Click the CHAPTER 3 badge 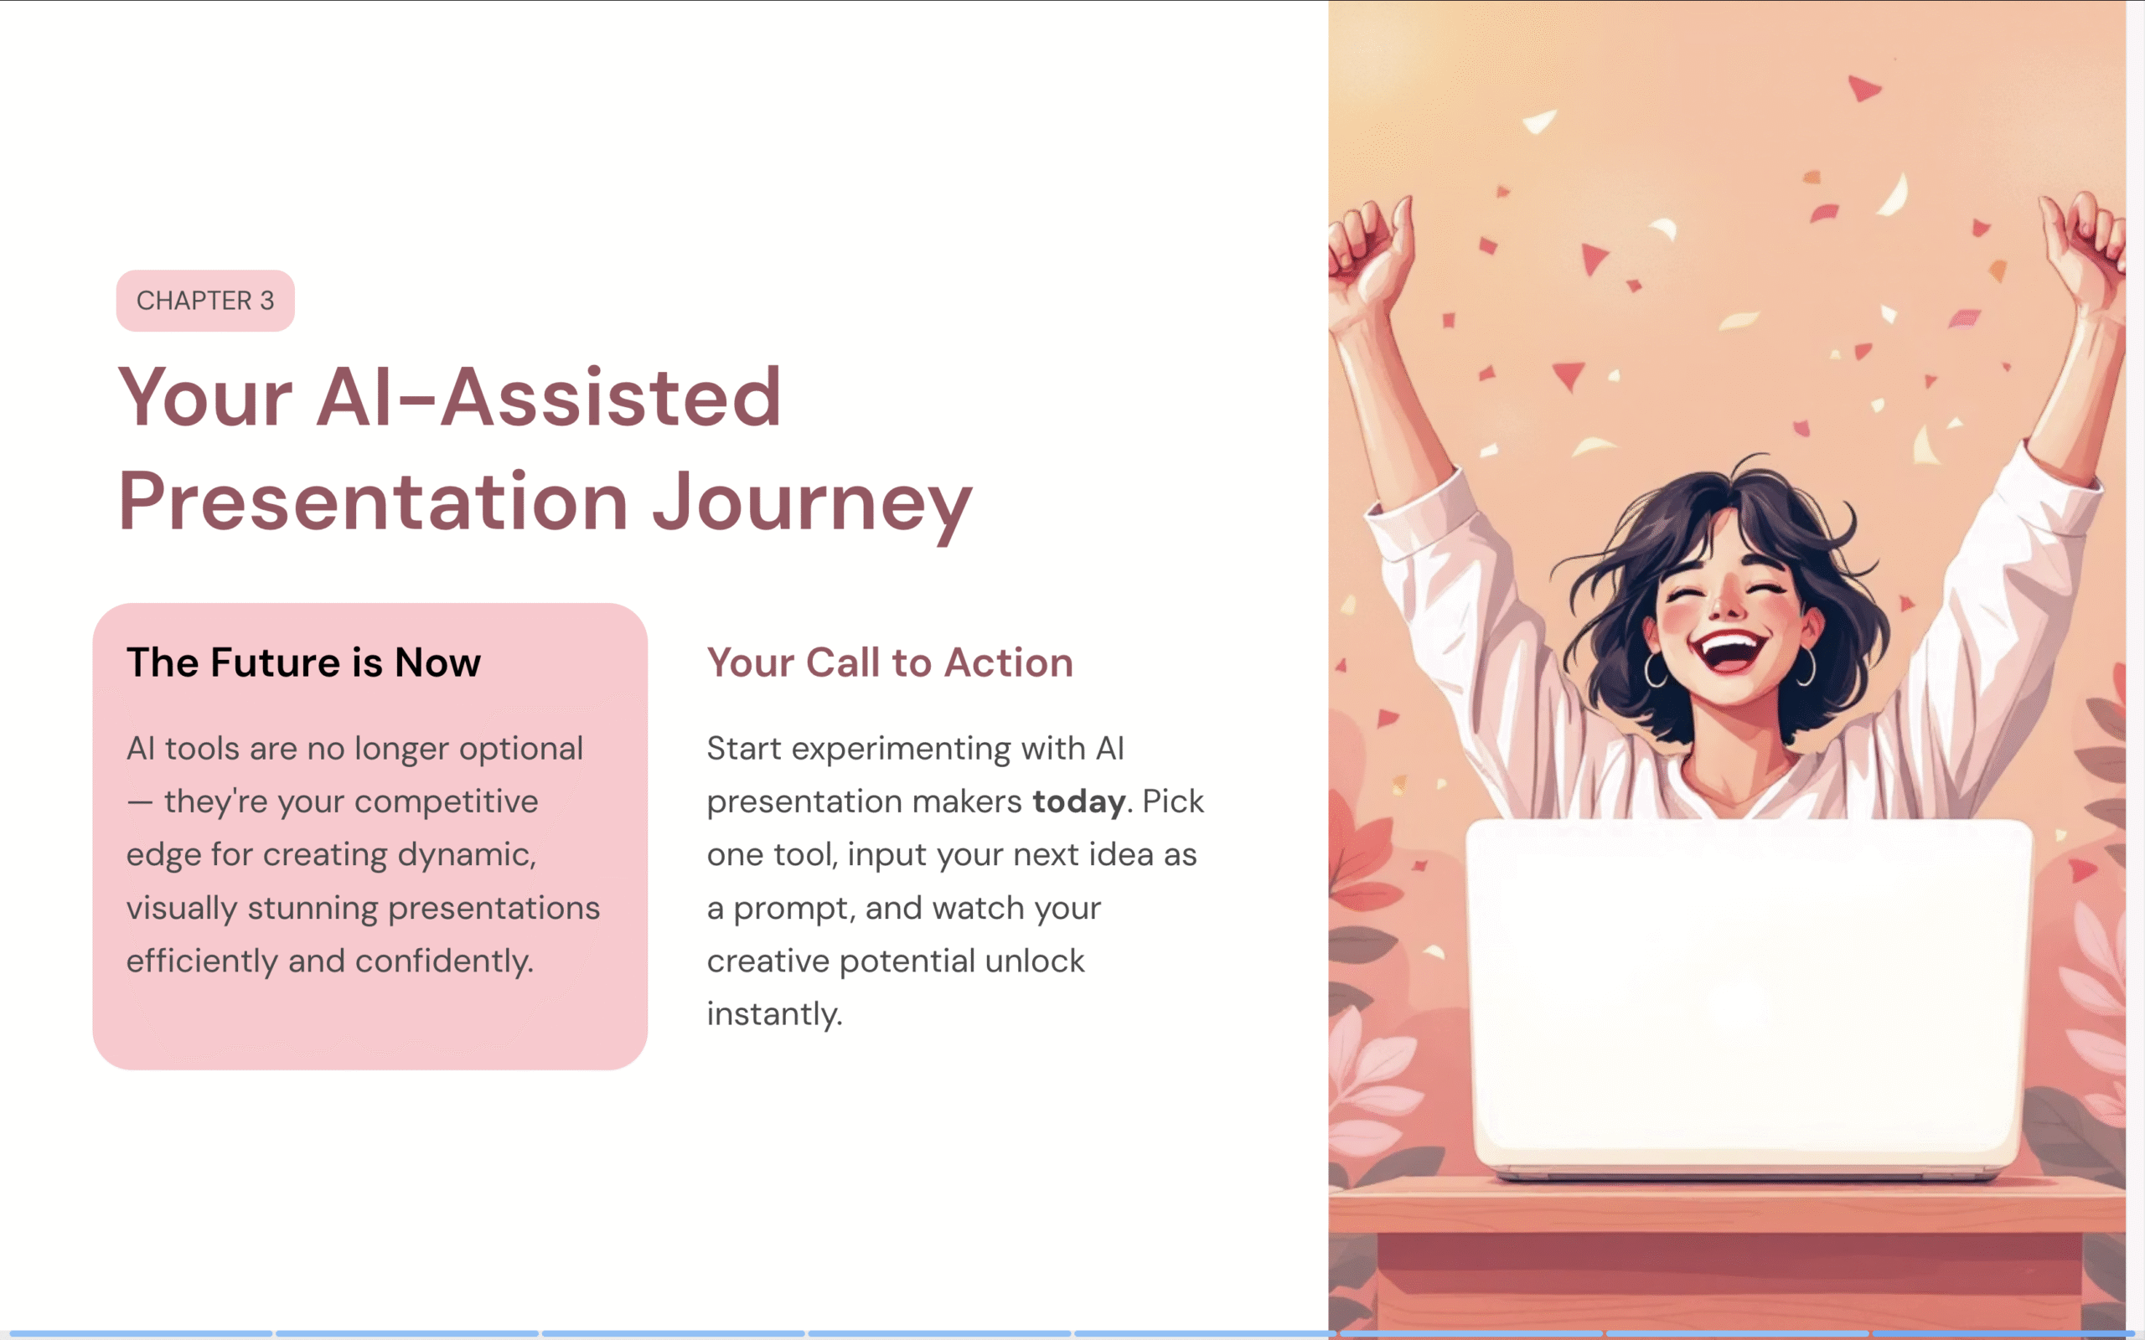click(x=204, y=301)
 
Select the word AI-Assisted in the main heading click(x=549, y=397)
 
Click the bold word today click(x=1078, y=801)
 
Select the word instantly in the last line click(x=774, y=1014)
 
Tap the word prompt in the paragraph click(x=790, y=910)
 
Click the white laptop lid click(x=1749, y=996)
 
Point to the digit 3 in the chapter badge click(x=266, y=301)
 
